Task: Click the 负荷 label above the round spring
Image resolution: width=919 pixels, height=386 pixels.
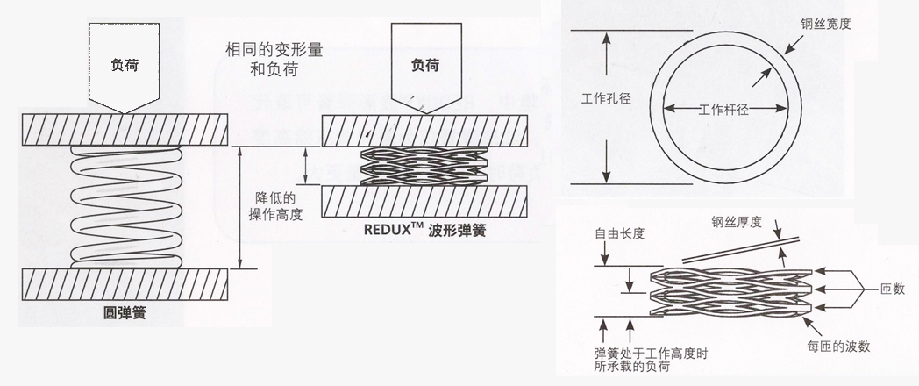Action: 124,64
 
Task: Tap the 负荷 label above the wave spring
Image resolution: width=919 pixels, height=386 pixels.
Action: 424,64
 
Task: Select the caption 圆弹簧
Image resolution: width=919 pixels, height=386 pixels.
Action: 123,311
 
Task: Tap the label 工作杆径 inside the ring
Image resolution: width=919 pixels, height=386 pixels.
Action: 723,110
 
